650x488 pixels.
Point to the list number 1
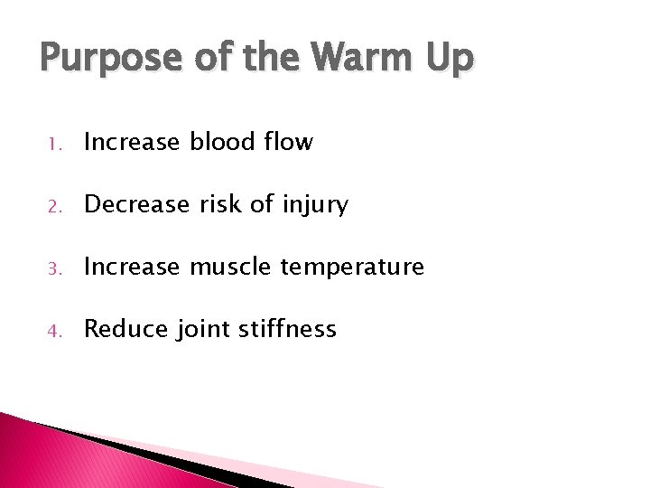53,143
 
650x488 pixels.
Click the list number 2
53,205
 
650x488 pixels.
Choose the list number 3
53,267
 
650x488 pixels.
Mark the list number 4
53,330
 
